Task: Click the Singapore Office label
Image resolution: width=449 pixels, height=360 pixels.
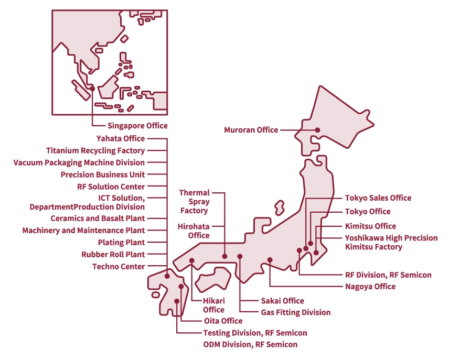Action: coord(137,126)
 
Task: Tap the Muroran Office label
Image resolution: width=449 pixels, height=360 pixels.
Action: coord(251,130)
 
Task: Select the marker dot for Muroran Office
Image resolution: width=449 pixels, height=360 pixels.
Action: coord(317,130)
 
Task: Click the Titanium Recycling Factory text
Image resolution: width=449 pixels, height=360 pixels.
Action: coord(95,150)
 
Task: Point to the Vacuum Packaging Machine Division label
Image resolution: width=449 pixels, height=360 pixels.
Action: coord(79,162)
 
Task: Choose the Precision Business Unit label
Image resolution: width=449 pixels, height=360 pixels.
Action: coord(103,174)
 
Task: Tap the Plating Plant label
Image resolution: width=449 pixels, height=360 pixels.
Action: coord(122,243)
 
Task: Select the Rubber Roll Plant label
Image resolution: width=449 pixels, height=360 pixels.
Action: coord(113,255)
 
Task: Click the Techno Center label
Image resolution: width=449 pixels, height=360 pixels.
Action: coord(119,267)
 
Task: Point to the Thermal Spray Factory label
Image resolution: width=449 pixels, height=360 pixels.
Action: coord(195,202)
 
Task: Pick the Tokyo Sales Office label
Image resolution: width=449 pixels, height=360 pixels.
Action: coord(378,198)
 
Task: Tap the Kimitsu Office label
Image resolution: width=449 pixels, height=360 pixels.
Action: coord(370,226)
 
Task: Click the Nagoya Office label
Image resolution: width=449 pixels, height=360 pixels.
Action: coord(370,287)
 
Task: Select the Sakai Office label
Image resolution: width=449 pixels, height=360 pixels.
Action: coord(282,301)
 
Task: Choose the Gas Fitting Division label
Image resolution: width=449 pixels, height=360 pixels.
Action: coord(296,313)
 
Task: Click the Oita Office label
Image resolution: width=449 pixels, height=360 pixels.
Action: coord(223,321)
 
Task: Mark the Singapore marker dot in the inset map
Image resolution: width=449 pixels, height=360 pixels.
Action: coord(92,89)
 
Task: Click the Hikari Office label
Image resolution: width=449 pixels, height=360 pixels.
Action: coord(213,305)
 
